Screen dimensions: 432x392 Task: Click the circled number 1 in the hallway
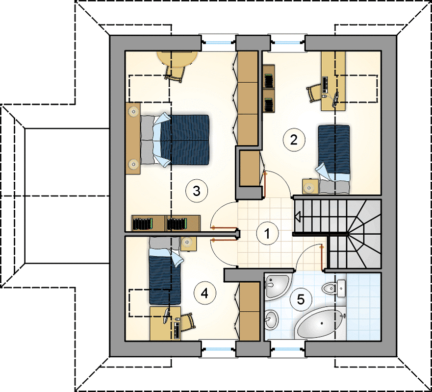(267, 234)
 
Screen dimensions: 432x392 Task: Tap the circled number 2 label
(294, 140)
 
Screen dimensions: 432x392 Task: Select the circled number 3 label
(197, 191)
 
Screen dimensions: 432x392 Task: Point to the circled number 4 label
(204, 294)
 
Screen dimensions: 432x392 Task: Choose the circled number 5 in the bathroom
(301, 299)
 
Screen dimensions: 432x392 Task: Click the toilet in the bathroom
(333, 289)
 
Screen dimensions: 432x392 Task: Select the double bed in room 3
(175, 140)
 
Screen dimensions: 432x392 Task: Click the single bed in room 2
(334, 159)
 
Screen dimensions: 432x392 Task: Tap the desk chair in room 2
(314, 93)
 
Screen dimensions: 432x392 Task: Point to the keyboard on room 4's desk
(177, 330)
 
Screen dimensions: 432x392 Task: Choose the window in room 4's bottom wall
(218, 349)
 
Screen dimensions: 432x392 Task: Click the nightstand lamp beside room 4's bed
(188, 242)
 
